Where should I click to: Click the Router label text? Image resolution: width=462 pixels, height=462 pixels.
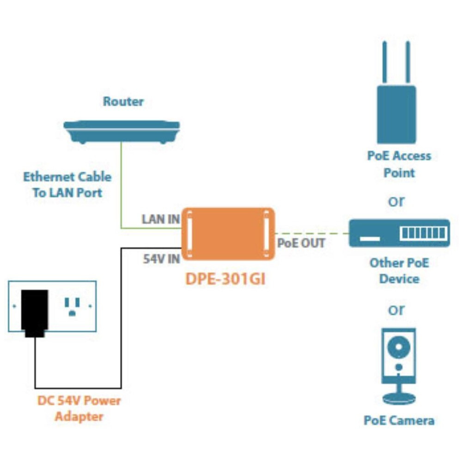pyautogui.click(x=123, y=102)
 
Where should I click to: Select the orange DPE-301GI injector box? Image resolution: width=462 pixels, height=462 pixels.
pyautogui.click(x=228, y=234)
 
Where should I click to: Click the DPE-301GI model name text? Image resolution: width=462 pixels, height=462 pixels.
pyautogui.click(x=225, y=279)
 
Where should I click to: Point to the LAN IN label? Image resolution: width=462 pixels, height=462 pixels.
pyautogui.click(x=160, y=219)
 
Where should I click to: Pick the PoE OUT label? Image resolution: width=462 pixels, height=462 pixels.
pyautogui.click(x=301, y=243)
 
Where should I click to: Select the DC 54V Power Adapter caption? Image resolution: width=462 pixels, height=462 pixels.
pyautogui.click(x=79, y=408)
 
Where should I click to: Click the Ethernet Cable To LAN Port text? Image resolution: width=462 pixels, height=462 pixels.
pyautogui.click(x=67, y=185)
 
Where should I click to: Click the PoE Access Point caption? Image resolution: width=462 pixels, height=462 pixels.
pyautogui.click(x=399, y=164)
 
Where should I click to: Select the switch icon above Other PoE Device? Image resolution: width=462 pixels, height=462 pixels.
pyautogui.click(x=399, y=233)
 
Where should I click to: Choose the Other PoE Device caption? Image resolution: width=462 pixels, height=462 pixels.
pyautogui.click(x=399, y=271)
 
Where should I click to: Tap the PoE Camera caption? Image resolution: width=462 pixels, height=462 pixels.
pyautogui.click(x=399, y=420)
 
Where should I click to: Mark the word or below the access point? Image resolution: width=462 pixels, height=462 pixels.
pyautogui.click(x=396, y=201)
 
